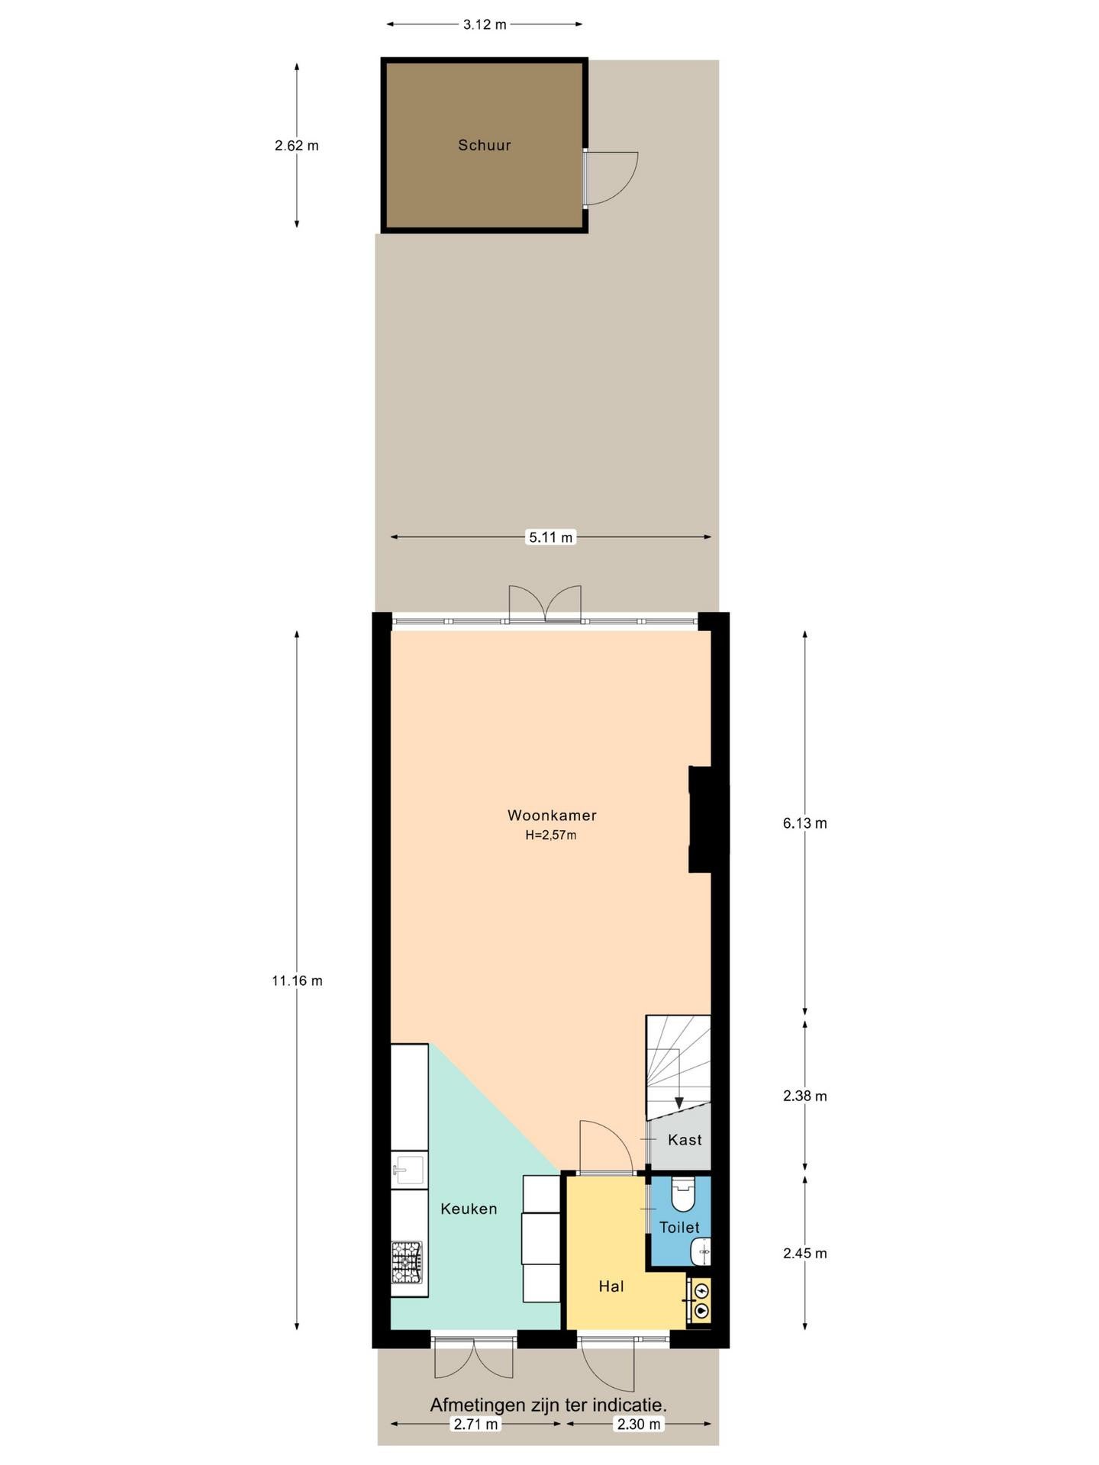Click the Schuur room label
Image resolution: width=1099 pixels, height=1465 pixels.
484,145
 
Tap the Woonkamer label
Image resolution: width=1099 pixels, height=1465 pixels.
552,815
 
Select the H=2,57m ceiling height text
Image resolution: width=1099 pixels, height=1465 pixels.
550,835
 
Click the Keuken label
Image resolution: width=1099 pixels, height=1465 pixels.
469,1209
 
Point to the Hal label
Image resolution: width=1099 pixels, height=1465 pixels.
611,1286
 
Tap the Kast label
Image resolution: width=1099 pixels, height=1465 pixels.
685,1140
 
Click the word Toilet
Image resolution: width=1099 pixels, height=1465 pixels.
679,1228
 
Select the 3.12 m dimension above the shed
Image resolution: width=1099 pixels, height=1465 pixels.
485,24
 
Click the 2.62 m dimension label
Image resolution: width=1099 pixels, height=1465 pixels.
297,145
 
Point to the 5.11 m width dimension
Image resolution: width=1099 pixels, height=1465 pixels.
551,537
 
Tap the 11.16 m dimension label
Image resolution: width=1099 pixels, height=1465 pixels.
297,981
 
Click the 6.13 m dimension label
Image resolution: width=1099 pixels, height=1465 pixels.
805,823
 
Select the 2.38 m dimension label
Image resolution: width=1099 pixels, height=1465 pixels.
805,1096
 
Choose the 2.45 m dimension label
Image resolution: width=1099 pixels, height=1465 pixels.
805,1254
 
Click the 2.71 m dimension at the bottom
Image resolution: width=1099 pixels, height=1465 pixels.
476,1424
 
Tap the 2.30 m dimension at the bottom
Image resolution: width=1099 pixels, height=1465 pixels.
640,1424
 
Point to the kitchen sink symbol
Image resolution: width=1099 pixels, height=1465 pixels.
409,1170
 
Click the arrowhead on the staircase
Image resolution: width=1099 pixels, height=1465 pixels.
679,1103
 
